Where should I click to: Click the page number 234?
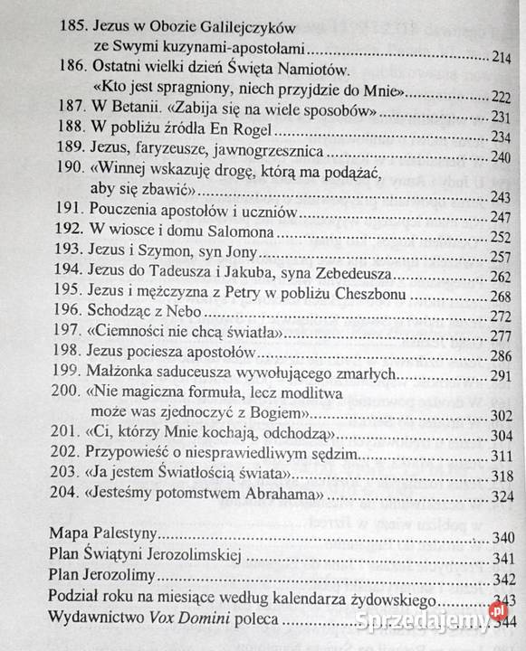click(x=502, y=137)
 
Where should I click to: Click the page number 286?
click(x=502, y=356)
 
